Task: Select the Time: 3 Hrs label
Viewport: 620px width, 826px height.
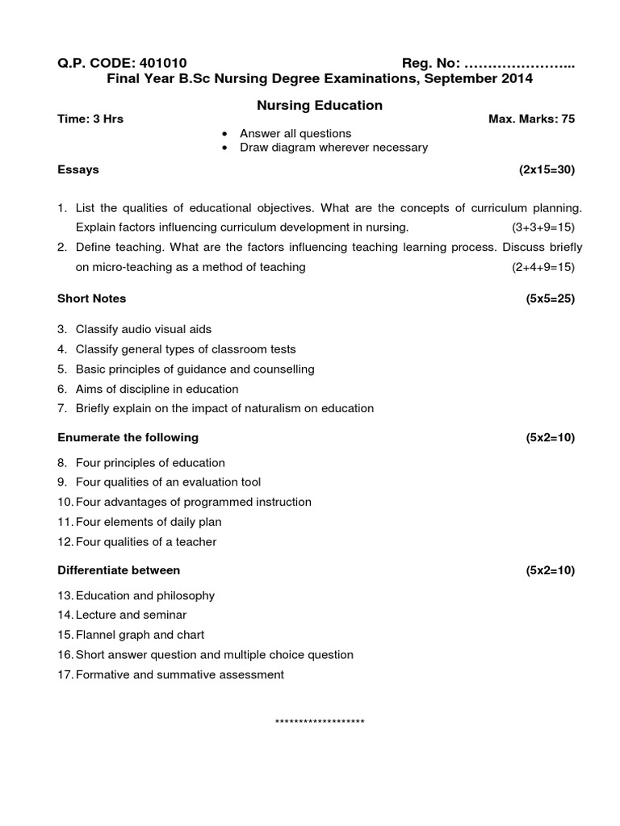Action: click(90, 119)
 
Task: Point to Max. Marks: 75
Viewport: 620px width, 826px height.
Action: click(531, 119)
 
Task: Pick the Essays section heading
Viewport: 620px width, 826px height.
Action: click(78, 169)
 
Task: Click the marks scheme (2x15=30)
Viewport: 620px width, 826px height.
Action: click(547, 169)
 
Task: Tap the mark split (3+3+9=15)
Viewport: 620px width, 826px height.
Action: click(542, 227)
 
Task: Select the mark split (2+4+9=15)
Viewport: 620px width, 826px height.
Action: click(542, 267)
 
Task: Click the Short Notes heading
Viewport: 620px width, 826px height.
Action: click(91, 298)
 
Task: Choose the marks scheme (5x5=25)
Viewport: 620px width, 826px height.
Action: click(550, 298)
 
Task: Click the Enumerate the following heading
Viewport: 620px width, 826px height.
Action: click(128, 437)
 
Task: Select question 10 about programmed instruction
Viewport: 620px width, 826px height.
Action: click(192, 502)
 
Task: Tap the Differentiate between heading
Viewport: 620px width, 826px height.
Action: click(119, 569)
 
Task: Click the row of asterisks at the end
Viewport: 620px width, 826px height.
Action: click(320, 721)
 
